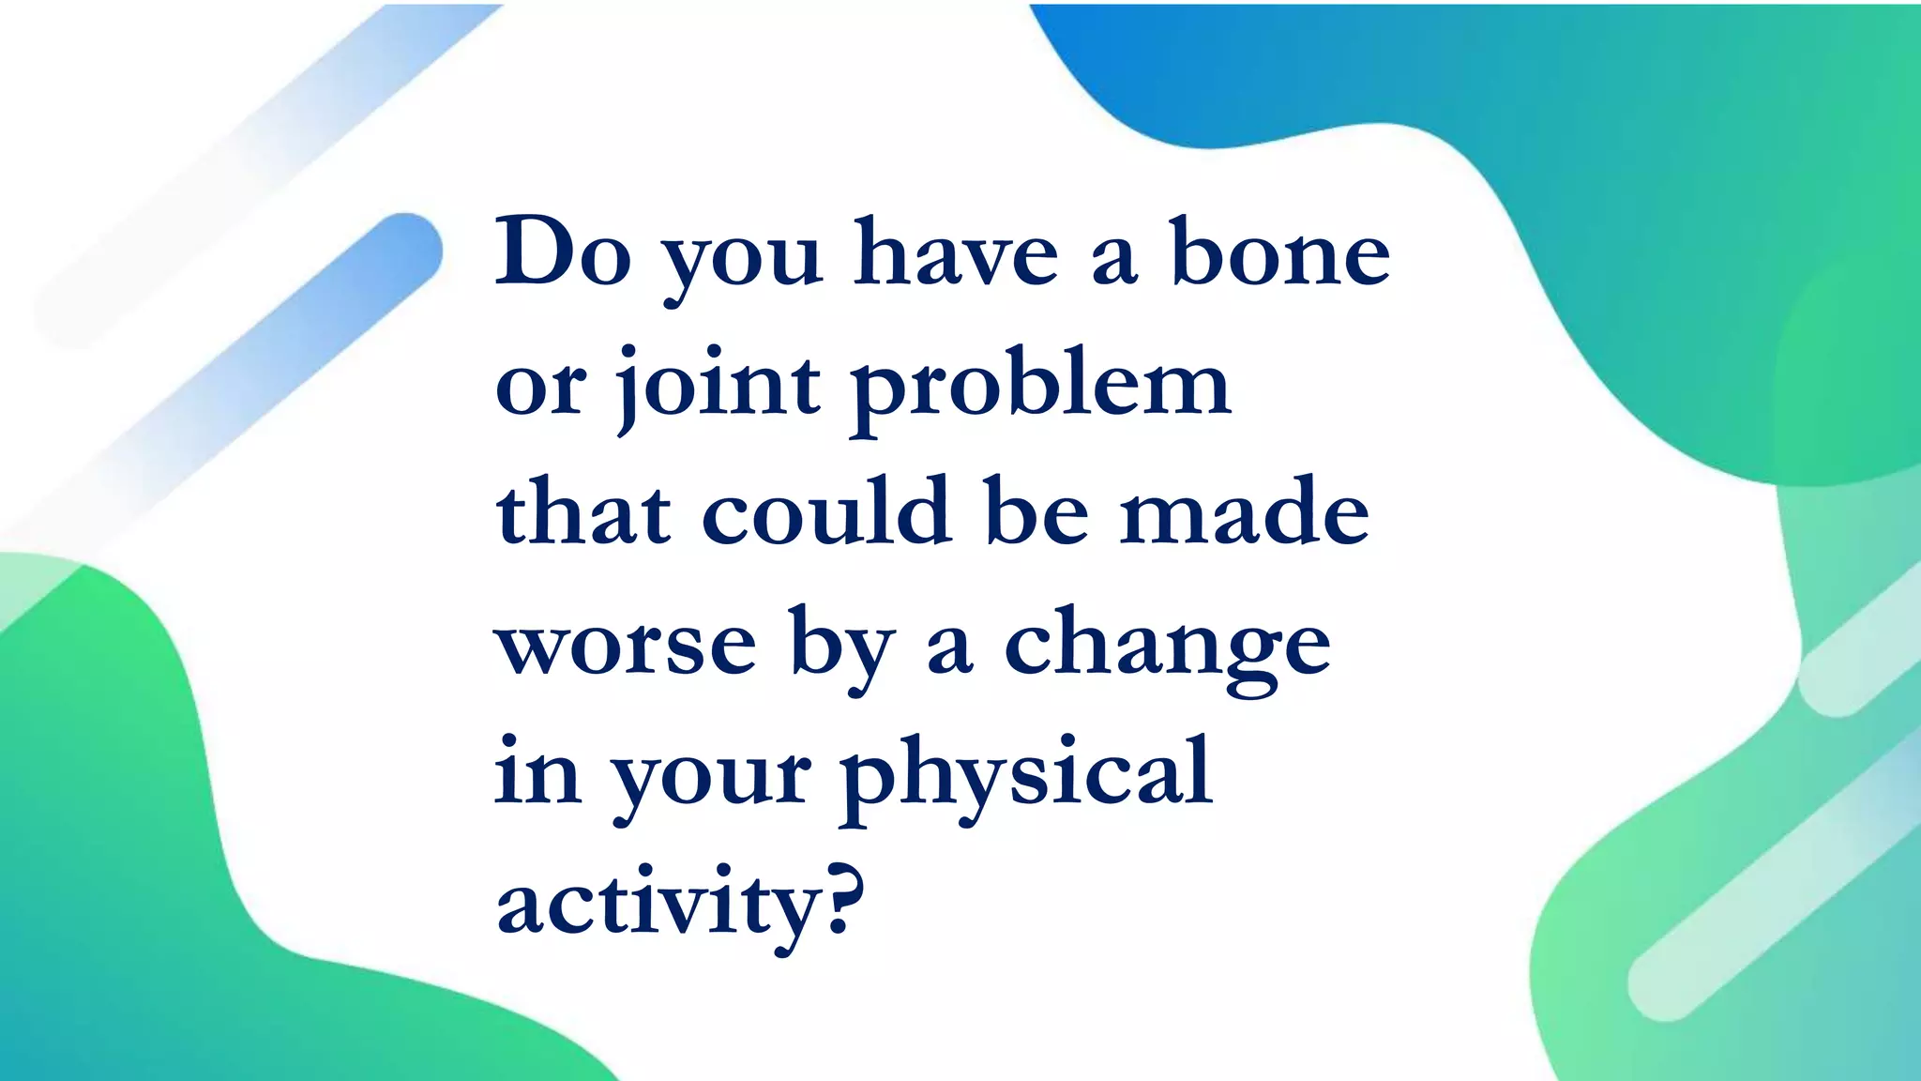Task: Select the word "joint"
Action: (x=718, y=385)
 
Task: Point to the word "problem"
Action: (x=1041, y=385)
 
